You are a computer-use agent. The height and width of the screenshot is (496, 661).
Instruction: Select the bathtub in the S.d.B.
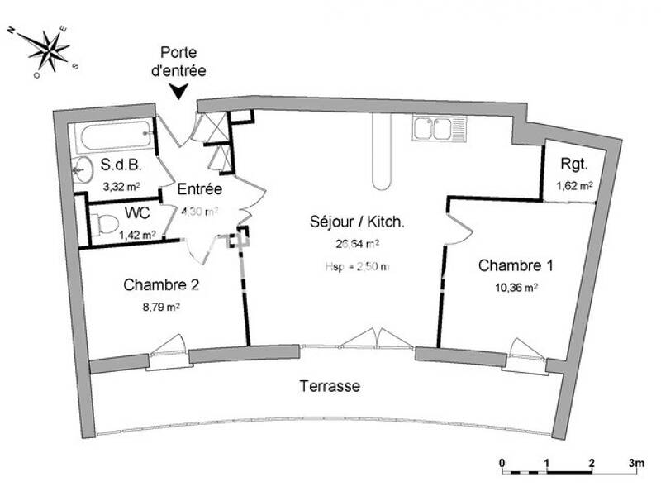111,131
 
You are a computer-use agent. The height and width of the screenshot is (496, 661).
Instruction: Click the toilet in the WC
102,222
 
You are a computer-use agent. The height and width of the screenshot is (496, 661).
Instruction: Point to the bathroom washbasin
82,171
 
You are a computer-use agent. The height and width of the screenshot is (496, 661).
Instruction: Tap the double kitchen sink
432,128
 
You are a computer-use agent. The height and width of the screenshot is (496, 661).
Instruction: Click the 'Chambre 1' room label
516,266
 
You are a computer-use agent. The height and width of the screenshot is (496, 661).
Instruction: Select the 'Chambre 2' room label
161,285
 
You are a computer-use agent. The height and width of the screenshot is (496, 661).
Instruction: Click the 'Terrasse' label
330,386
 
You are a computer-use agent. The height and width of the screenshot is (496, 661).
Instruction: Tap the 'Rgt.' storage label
573,163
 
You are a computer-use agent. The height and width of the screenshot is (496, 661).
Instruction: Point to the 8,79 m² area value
162,306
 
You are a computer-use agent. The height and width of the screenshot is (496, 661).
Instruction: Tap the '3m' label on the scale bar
635,462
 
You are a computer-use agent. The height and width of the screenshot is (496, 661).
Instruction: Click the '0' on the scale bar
502,462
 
